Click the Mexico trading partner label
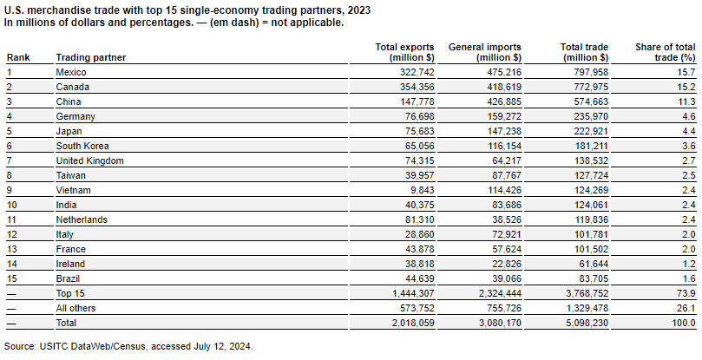pyautogui.click(x=71, y=72)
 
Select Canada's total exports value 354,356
pyautogui.click(x=412, y=87)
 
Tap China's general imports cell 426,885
pyautogui.click(x=499, y=101)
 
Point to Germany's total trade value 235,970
pyautogui.click(x=586, y=116)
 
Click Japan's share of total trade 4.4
pyautogui.click(x=689, y=131)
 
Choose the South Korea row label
pyautogui.click(x=82, y=146)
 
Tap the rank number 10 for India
pyautogui.click(x=11, y=205)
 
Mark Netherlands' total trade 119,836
pyautogui.click(x=586, y=219)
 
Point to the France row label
pyautogui.click(x=71, y=250)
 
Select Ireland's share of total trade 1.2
pyautogui.click(x=689, y=265)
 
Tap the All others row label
pyautogui.click(x=75, y=309)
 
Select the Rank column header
pyautogui.click(x=18, y=58)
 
